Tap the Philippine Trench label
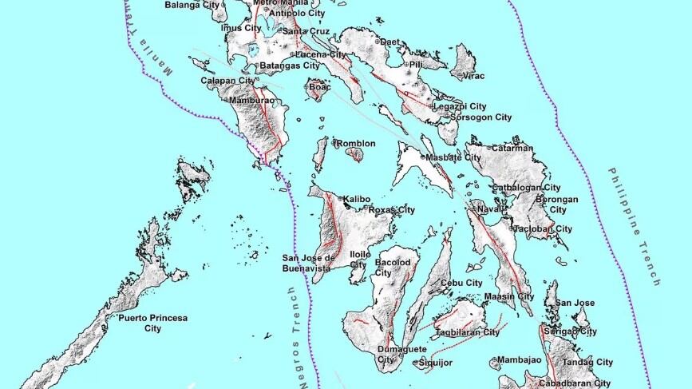point(635,227)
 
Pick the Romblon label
point(356,144)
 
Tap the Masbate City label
point(454,157)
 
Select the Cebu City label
point(463,283)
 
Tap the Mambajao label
point(519,360)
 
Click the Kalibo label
point(358,198)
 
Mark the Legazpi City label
point(460,106)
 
